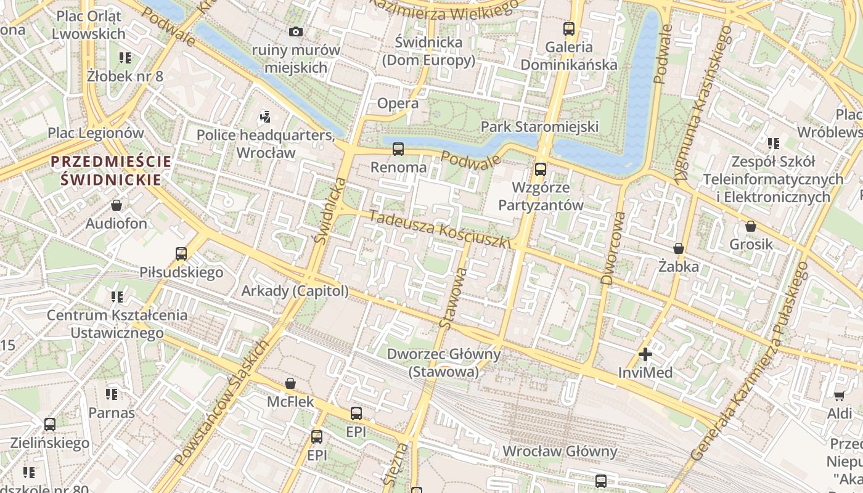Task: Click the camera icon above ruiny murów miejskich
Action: point(296,31)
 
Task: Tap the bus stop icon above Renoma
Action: point(398,149)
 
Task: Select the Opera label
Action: point(398,103)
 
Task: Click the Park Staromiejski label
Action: point(539,126)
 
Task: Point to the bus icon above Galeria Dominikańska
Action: point(568,28)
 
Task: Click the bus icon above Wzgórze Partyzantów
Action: point(541,169)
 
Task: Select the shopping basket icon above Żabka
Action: point(678,248)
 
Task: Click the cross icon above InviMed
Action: point(645,354)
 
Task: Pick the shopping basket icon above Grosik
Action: point(750,226)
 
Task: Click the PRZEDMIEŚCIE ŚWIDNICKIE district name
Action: point(111,171)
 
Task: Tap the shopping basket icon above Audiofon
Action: point(117,205)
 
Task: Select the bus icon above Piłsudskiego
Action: point(181,253)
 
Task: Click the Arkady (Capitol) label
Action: point(295,290)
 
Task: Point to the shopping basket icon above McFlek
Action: point(290,383)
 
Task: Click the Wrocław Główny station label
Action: point(560,451)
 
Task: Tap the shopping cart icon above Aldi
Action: point(839,395)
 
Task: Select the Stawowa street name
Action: point(454,297)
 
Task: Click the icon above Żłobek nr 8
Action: point(125,58)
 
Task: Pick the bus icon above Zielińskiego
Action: point(49,425)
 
